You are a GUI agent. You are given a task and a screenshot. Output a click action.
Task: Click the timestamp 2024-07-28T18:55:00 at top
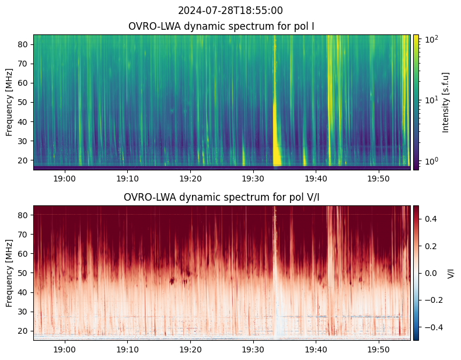tap(230, 11)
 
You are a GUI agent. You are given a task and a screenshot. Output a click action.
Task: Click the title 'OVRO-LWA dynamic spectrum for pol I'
tap(222, 27)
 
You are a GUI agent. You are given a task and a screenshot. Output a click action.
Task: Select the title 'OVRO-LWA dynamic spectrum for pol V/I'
tap(222, 198)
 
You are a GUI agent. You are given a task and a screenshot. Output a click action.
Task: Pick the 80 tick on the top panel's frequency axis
tap(24, 44)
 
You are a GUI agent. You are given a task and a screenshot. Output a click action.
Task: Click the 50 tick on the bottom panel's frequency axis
tap(24, 273)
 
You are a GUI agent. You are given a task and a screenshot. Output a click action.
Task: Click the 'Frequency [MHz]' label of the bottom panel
tap(10, 273)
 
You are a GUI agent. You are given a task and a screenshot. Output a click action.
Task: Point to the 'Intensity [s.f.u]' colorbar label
tap(446, 102)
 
